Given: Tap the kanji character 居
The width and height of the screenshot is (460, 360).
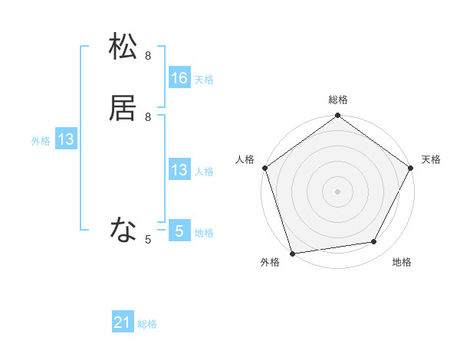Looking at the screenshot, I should [x=123, y=108].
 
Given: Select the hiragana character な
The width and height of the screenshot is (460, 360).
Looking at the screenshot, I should [x=123, y=229].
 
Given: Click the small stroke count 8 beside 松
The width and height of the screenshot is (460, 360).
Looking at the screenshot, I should [x=148, y=56].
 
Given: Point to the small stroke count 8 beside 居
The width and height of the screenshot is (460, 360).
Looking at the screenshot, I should [x=148, y=117].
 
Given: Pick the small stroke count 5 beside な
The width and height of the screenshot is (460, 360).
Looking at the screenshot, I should [x=148, y=240].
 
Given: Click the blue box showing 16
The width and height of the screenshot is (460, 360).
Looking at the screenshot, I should [x=179, y=78].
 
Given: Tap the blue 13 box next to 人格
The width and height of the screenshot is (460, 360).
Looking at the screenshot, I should [x=179, y=170].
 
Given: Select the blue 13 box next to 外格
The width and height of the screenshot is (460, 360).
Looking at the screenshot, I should [x=66, y=139].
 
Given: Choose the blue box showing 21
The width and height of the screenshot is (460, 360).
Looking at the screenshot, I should [x=123, y=323].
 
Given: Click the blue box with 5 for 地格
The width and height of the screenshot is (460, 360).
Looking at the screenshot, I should [x=179, y=231].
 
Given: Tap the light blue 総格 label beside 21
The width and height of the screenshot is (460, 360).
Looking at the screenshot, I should [x=147, y=325].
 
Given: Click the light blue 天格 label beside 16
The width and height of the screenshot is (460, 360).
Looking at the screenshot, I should [x=204, y=80].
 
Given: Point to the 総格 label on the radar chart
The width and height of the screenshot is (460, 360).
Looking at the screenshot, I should [x=338, y=100].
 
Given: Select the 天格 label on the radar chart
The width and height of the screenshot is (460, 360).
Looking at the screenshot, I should [x=432, y=159].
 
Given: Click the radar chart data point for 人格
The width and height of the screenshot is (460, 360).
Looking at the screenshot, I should [x=264, y=168].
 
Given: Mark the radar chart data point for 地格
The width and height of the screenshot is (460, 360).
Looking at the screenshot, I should [x=374, y=241].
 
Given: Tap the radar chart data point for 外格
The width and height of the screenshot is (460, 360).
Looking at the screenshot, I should [x=292, y=253].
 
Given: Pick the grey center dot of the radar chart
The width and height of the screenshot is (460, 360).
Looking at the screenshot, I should [x=337, y=191].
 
